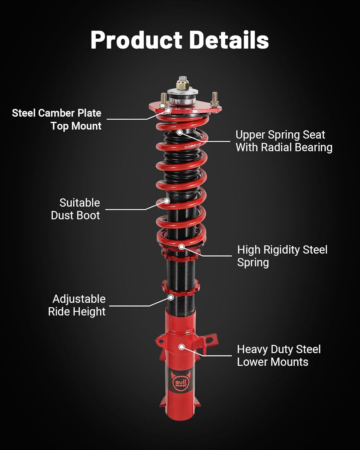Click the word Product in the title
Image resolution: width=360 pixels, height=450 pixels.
point(136,40)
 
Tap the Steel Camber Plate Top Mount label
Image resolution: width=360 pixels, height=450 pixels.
point(57,119)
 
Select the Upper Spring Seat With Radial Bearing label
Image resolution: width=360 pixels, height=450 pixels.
point(284,141)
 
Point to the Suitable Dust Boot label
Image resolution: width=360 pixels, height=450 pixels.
point(75,209)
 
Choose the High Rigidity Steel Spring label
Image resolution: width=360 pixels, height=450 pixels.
point(282,256)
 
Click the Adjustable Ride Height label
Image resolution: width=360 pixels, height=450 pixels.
point(77,305)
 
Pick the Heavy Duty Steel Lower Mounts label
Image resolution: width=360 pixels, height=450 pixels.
point(279,355)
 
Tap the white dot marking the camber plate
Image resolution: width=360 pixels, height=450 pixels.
point(168,111)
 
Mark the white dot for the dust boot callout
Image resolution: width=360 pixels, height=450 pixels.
point(167,201)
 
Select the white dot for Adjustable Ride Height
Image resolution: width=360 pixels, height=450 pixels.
point(171,297)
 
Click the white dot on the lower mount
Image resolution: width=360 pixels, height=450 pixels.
point(181,347)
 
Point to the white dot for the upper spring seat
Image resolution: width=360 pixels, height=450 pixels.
point(180,132)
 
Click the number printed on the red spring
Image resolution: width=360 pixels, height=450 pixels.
point(192,146)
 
